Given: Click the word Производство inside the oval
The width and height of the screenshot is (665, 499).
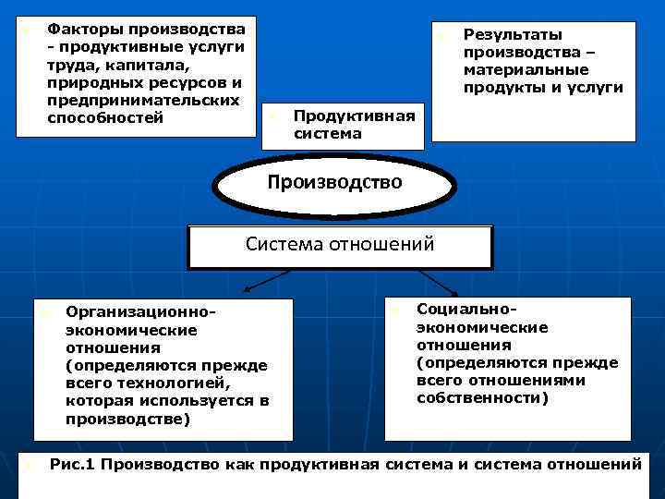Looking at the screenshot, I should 334,182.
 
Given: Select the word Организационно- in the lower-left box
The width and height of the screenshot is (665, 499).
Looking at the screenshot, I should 140,313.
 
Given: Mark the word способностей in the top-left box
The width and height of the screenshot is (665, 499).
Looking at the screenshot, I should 104,117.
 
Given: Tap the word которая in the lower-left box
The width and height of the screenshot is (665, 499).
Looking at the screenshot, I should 98,401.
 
